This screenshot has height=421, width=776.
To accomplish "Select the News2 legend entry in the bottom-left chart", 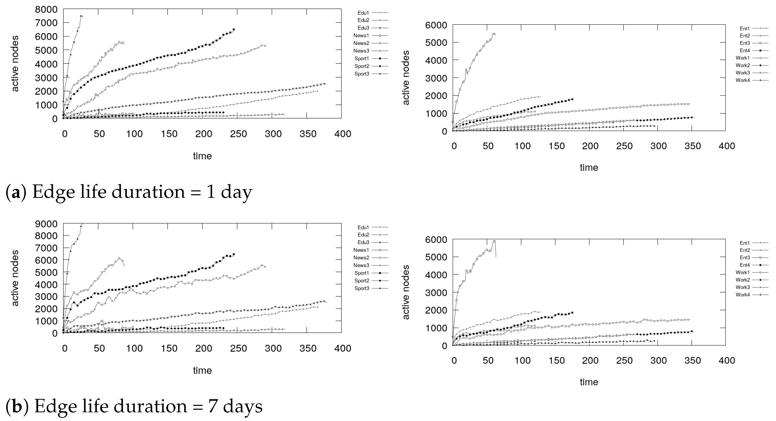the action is (x=371, y=258).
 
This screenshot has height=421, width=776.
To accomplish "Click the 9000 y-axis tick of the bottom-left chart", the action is (x=46, y=224).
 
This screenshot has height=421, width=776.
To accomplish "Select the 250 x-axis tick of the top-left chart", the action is (x=239, y=134).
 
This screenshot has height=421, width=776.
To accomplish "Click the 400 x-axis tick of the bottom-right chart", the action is (x=727, y=360).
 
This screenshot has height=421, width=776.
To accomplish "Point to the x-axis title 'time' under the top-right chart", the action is (x=589, y=167).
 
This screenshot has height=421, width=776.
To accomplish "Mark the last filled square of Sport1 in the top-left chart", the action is (x=234, y=30).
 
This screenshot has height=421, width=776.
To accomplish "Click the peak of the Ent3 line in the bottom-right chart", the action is (x=494, y=241).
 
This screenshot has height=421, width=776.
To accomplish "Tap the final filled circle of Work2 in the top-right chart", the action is (x=692, y=117).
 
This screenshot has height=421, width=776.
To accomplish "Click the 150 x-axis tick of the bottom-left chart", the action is (x=169, y=348).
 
